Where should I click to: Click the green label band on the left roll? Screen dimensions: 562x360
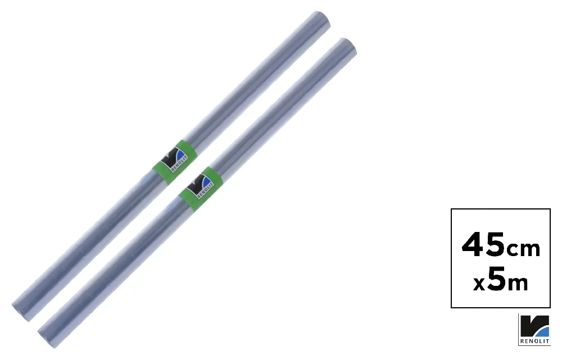(x=175, y=162)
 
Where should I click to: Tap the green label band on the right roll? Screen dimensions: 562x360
(x=201, y=188)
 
